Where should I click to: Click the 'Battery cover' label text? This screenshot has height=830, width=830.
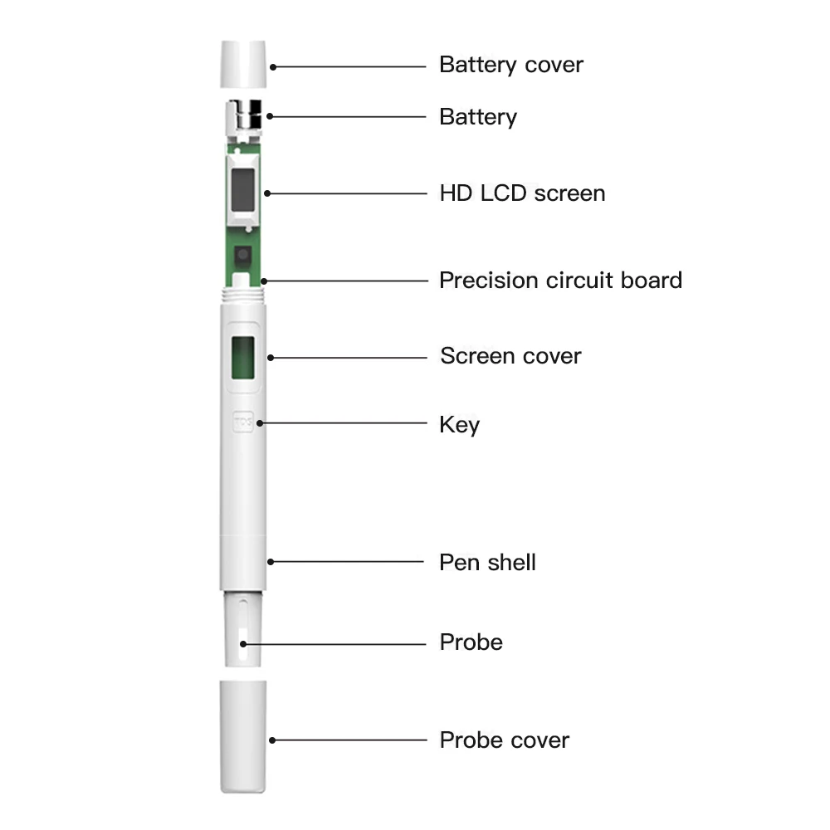coord(510,65)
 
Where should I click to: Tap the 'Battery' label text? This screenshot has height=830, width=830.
coord(477,117)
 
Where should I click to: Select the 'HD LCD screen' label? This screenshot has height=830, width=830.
coord(522,193)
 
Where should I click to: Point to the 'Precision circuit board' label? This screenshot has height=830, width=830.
coord(560,281)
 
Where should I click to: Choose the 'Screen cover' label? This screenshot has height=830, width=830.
coord(510,357)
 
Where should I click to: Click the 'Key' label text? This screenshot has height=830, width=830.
coord(459,425)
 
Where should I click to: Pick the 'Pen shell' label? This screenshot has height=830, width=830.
coord(487,563)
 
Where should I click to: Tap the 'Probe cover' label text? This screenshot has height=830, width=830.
coord(504,740)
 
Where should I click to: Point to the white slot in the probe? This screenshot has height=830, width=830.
coord(242,642)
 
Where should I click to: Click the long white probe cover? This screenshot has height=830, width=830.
coord(243,735)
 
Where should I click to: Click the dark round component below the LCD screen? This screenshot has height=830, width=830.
coord(243,255)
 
